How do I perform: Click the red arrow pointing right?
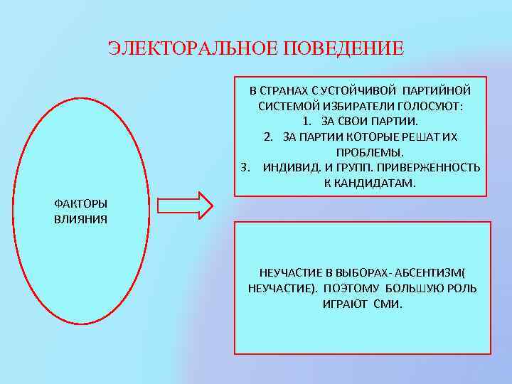[x=184, y=206]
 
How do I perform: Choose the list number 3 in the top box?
[x=245, y=168]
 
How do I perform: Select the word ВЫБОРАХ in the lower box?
[x=353, y=273]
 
